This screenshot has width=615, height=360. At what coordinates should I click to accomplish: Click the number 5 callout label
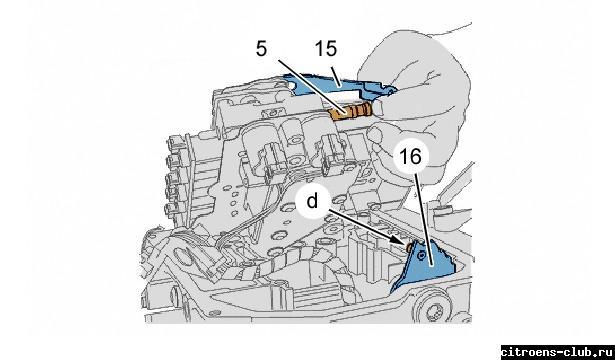click(261, 49)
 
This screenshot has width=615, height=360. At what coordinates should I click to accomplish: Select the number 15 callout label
click(326, 49)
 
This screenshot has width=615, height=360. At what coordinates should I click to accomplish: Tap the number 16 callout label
click(410, 157)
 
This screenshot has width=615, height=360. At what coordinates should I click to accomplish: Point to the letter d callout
click(312, 202)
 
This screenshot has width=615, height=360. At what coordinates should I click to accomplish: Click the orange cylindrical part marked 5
click(351, 112)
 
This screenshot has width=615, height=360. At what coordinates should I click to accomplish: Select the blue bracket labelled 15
click(338, 85)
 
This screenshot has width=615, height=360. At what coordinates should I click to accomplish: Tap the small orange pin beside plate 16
click(409, 247)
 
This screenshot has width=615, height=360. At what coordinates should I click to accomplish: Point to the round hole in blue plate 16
click(421, 256)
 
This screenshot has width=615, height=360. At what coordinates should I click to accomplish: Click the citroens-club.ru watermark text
click(557, 351)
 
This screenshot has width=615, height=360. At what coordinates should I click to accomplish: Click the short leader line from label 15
click(333, 73)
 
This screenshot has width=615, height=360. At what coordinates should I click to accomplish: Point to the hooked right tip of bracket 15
click(390, 91)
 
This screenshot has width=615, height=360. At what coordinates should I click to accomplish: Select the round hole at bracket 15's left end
click(291, 85)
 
